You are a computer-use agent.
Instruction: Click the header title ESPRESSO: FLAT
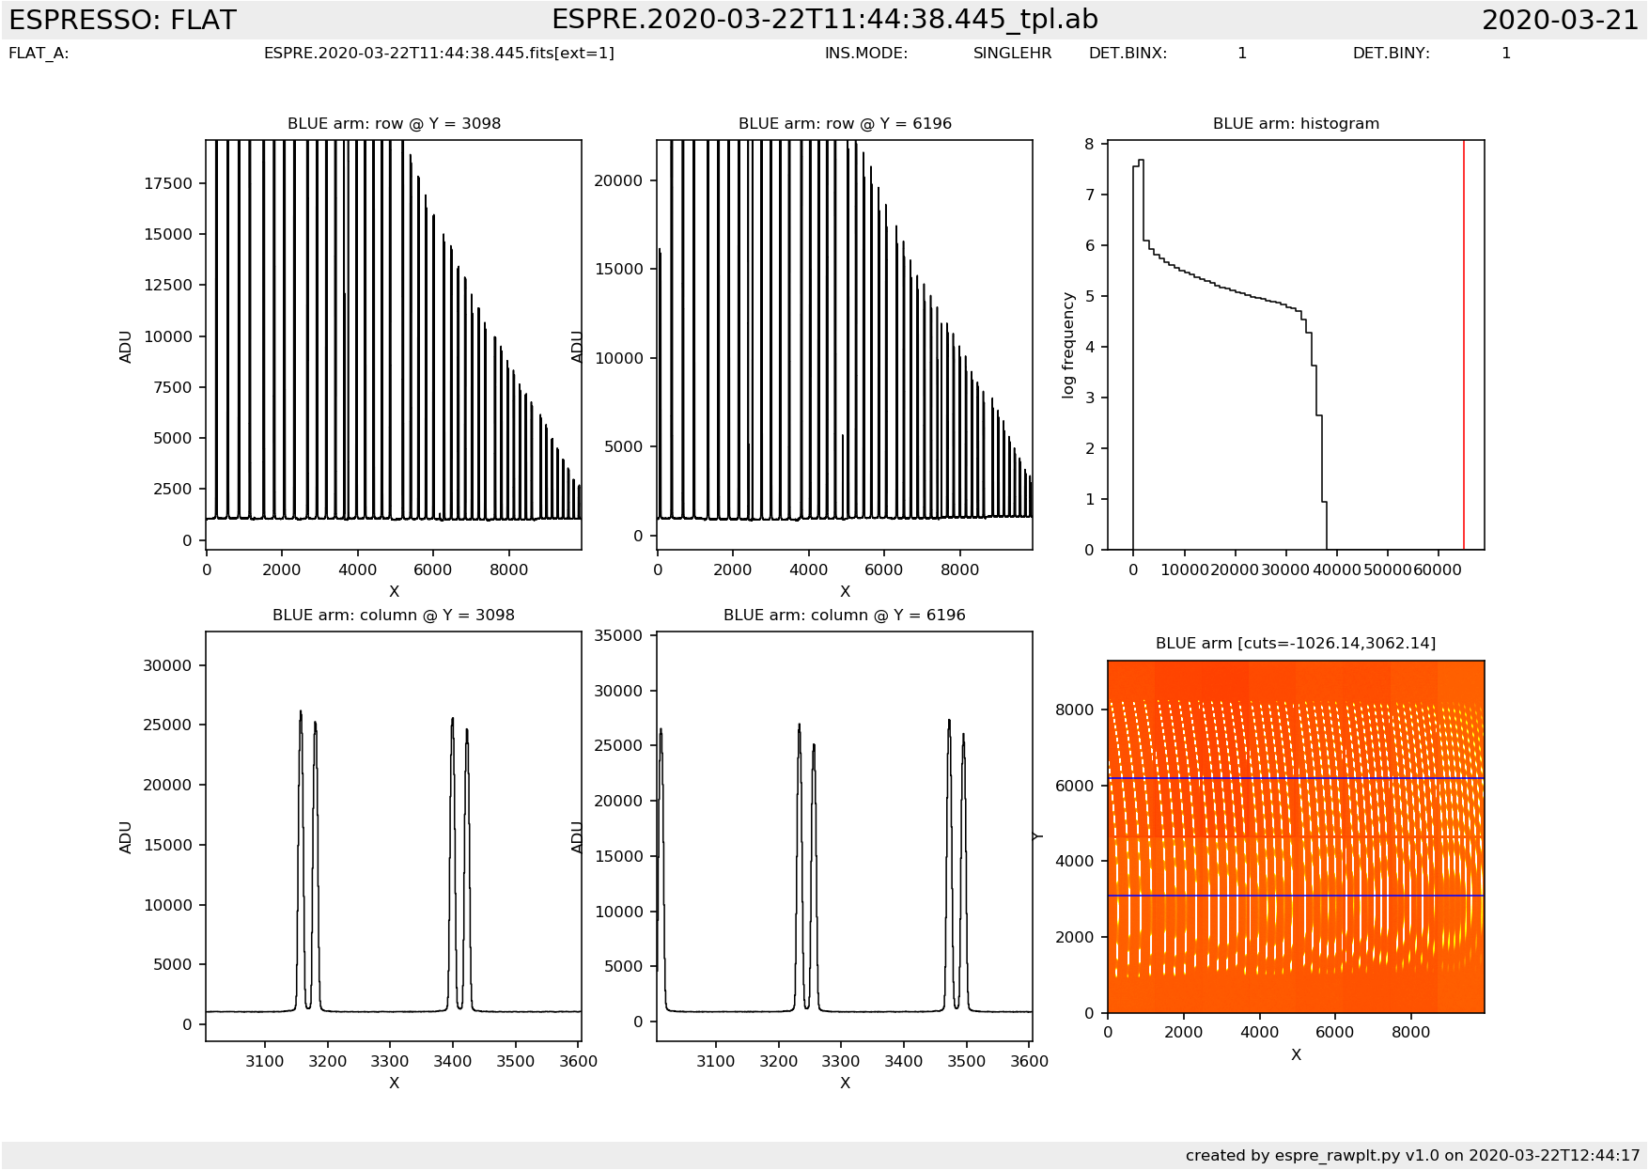pyautogui.click(x=122, y=20)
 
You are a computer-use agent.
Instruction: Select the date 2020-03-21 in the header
pyautogui.click(x=1560, y=20)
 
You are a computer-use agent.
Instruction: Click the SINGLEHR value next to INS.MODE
pyautogui.click(x=1012, y=54)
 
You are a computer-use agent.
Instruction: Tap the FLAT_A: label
pyautogui.click(x=39, y=54)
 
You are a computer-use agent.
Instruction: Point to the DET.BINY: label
pyautogui.click(x=1391, y=54)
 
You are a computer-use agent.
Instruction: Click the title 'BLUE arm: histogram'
pyautogui.click(x=1296, y=124)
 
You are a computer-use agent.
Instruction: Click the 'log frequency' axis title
pyautogui.click(x=1068, y=345)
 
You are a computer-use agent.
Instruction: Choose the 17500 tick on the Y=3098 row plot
pyautogui.click(x=167, y=183)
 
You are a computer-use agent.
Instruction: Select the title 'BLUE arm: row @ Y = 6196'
pyautogui.click(x=845, y=124)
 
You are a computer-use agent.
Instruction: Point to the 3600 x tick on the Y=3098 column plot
pyautogui.click(x=578, y=1061)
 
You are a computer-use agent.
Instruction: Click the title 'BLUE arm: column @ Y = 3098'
pyautogui.click(x=394, y=616)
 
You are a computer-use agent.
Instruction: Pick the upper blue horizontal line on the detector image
pyautogui.click(x=1296, y=779)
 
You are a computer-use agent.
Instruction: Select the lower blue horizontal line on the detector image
pyautogui.click(x=1296, y=896)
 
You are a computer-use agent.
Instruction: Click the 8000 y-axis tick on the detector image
pyautogui.click(x=1075, y=710)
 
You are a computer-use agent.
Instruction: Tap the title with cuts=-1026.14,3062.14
pyautogui.click(x=1296, y=644)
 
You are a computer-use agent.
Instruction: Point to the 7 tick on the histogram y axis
pyautogui.click(x=1090, y=195)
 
